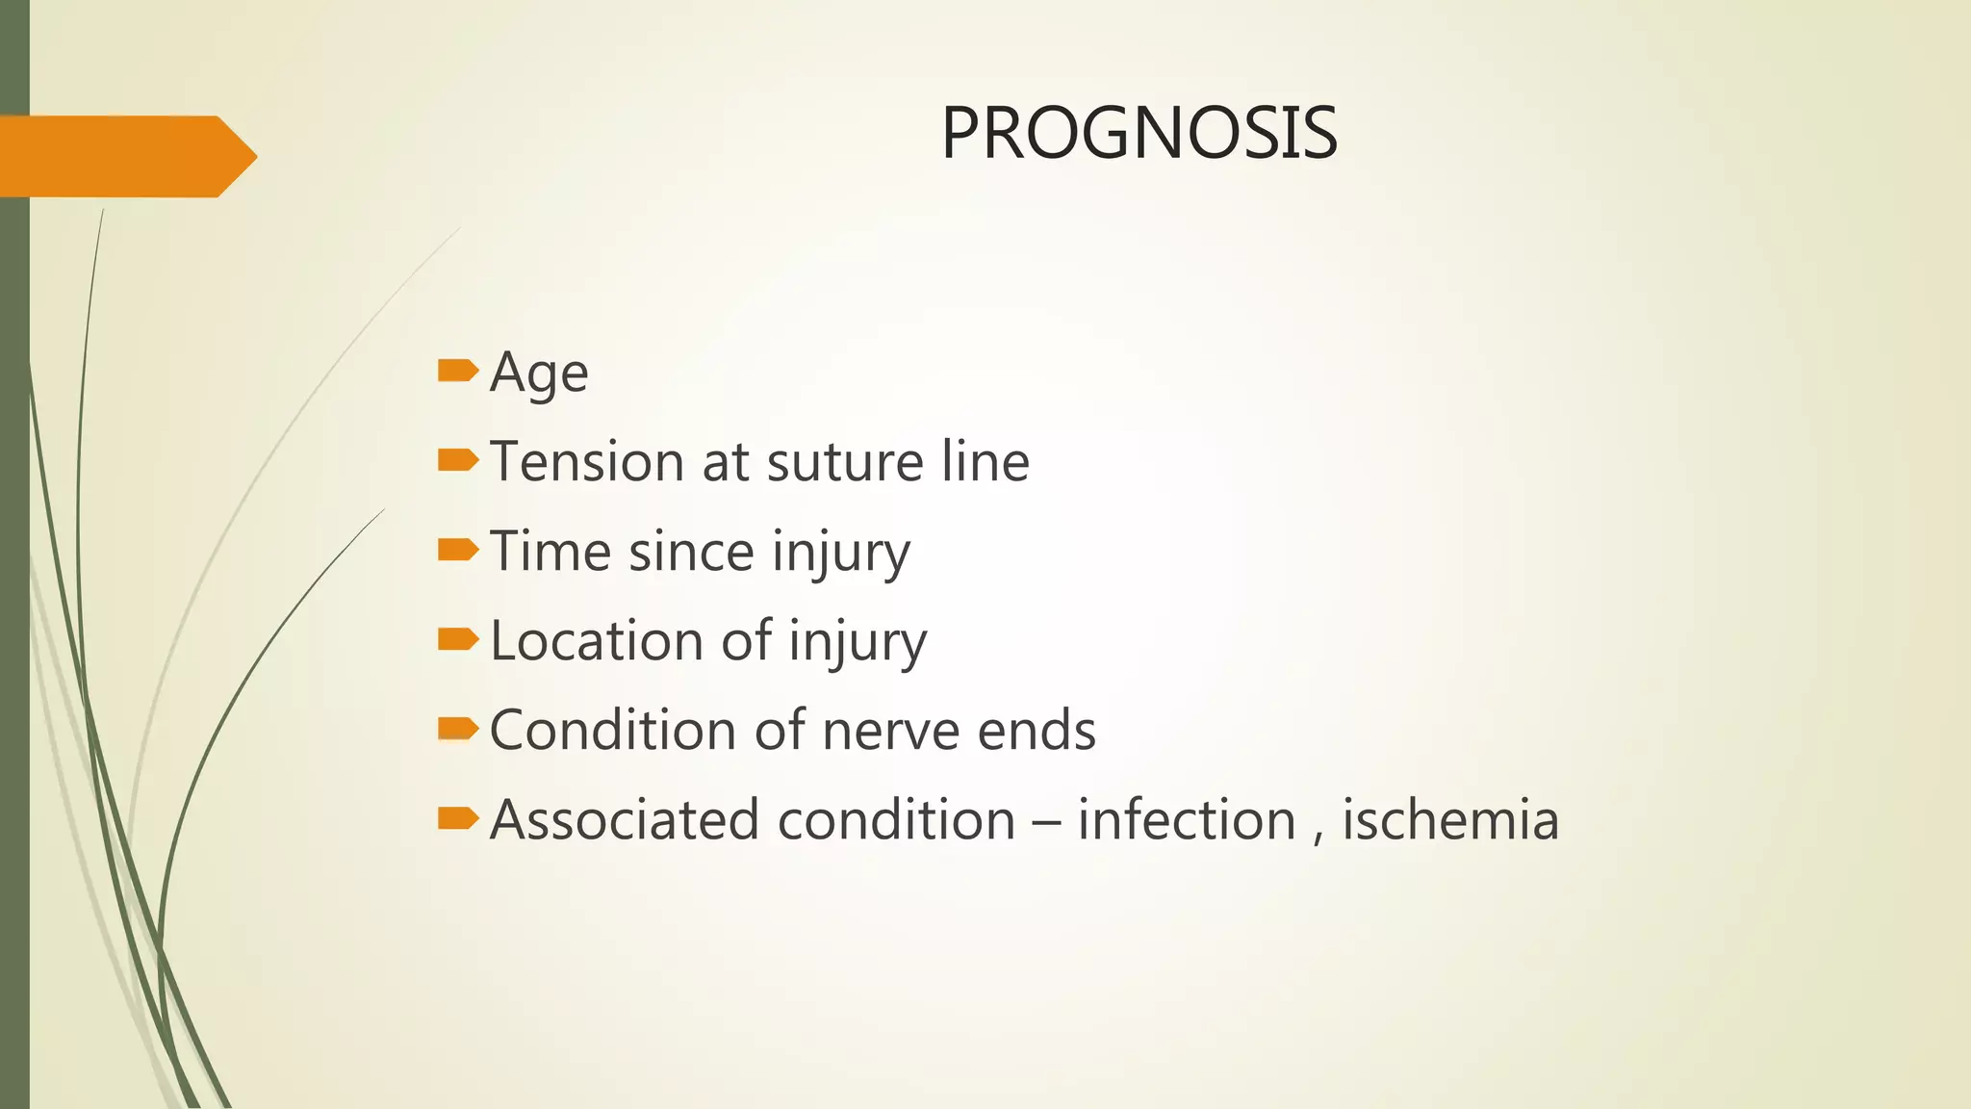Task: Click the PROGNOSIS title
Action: [1139, 133]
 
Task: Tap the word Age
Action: [538, 373]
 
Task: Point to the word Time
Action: [550, 551]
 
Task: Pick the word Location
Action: [597, 640]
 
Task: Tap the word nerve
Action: [891, 730]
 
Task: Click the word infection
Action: [1186, 819]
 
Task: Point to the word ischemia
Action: [1449, 819]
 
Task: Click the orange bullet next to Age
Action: [457, 371]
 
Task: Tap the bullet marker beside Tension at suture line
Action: [457, 460]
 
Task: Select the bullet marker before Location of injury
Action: [457, 639]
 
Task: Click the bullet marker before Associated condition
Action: [457, 818]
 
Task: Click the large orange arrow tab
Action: [125, 156]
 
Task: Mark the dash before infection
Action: [1045, 821]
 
